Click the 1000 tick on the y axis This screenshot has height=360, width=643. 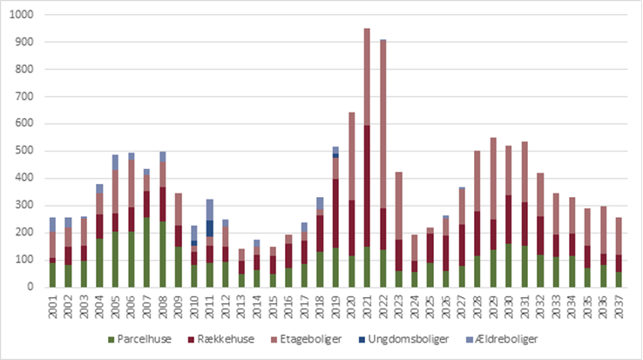(x=19, y=16)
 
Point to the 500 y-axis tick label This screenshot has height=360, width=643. (x=23, y=151)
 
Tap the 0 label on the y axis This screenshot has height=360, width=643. (x=29, y=287)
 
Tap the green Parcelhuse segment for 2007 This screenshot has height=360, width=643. (x=146, y=252)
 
